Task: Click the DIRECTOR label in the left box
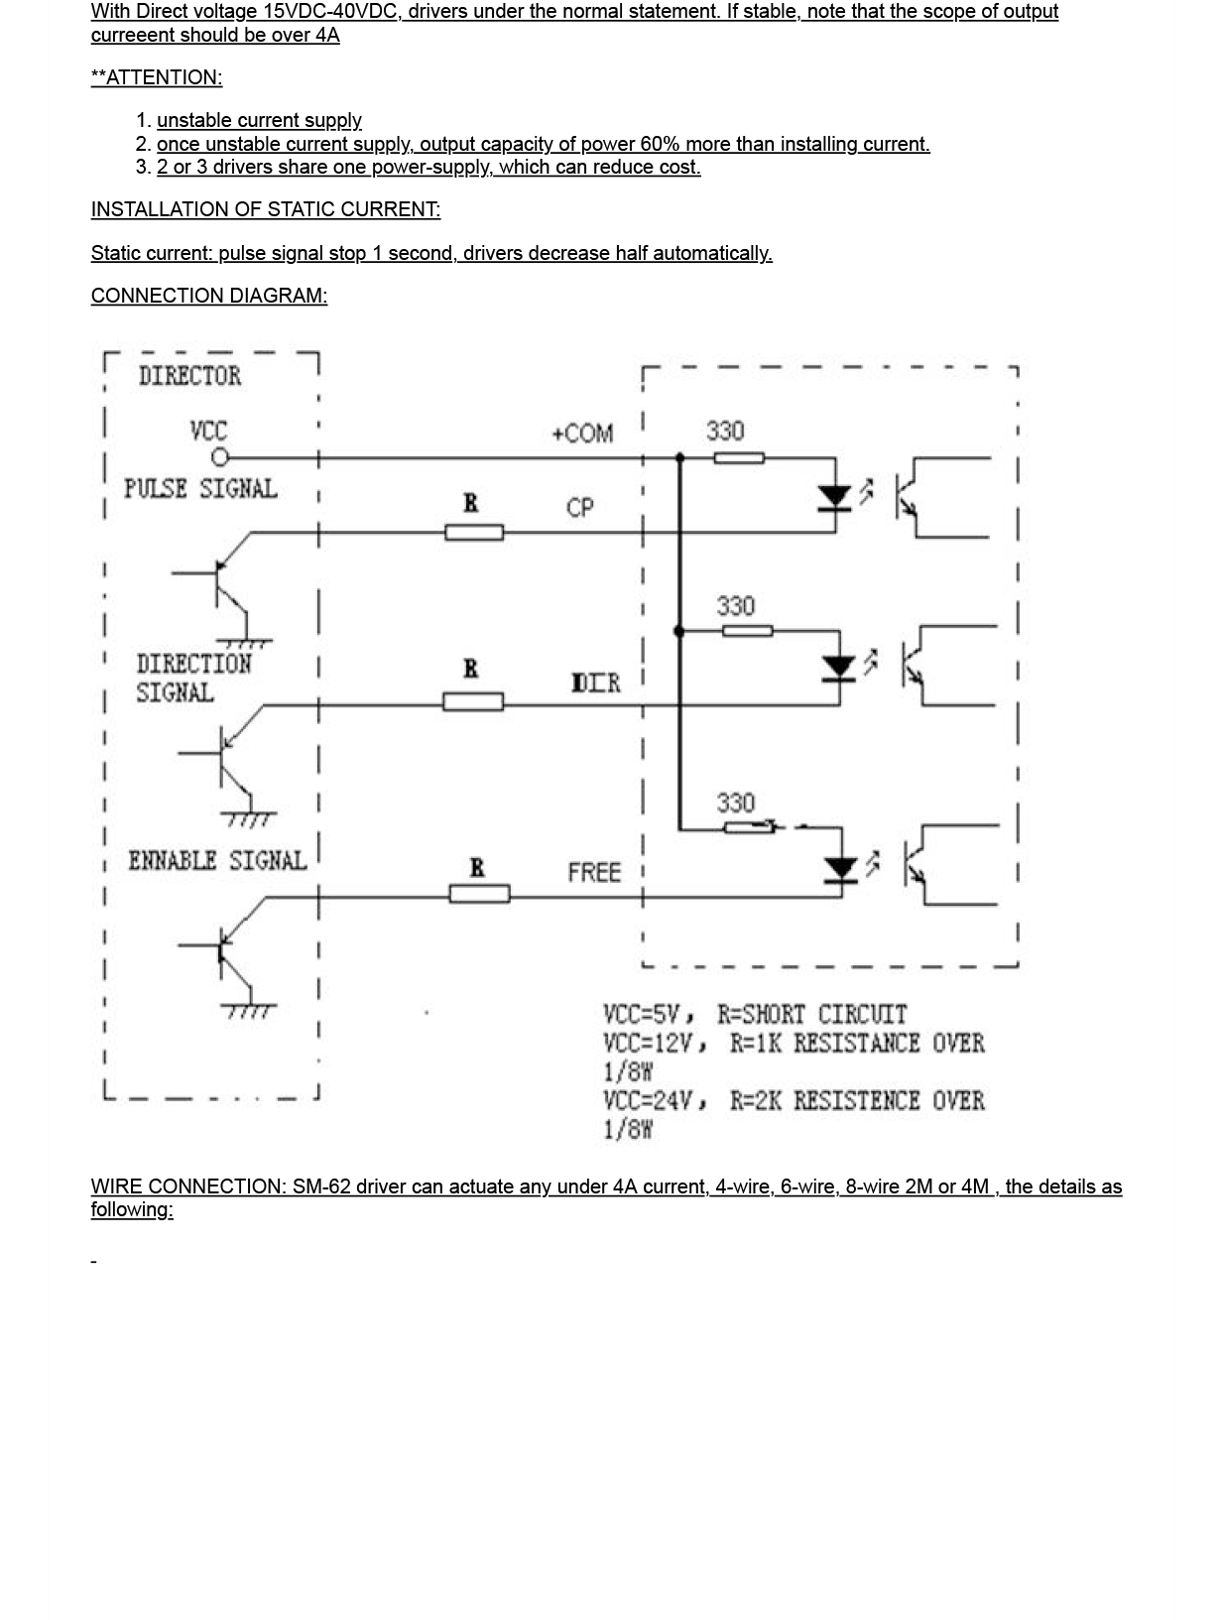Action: (189, 376)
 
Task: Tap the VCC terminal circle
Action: (220, 457)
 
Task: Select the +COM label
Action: (582, 434)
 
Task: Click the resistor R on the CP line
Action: (473, 533)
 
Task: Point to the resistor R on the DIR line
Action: (472, 702)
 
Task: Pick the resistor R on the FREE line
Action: (479, 894)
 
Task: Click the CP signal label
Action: (579, 508)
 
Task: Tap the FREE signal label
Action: (593, 873)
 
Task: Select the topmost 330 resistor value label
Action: (725, 432)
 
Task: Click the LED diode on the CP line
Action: (835, 496)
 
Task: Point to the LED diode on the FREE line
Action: (841, 870)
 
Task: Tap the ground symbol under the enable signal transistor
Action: (248, 1011)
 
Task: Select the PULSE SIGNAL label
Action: (200, 489)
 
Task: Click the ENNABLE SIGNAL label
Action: (217, 861)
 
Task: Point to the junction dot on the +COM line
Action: (679, 457)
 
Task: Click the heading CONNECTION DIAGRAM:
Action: (209, 296)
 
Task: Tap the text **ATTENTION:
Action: (157, 77)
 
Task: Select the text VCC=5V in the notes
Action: (642, 1015)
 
